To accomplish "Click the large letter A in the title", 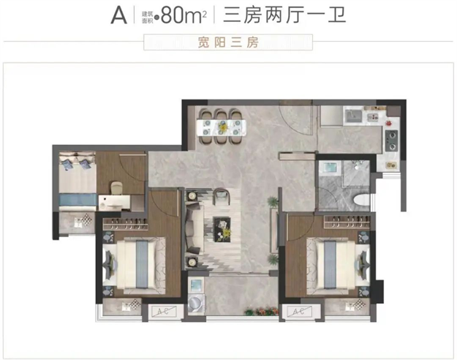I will pyautogui.click(x=118, y=16).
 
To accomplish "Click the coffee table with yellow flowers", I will pyautogui.click(x=223, y=229).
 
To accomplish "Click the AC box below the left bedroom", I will pyautogui.click(x=162, y=311).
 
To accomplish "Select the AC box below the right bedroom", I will pyautogui.click(x=297, y=312).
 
